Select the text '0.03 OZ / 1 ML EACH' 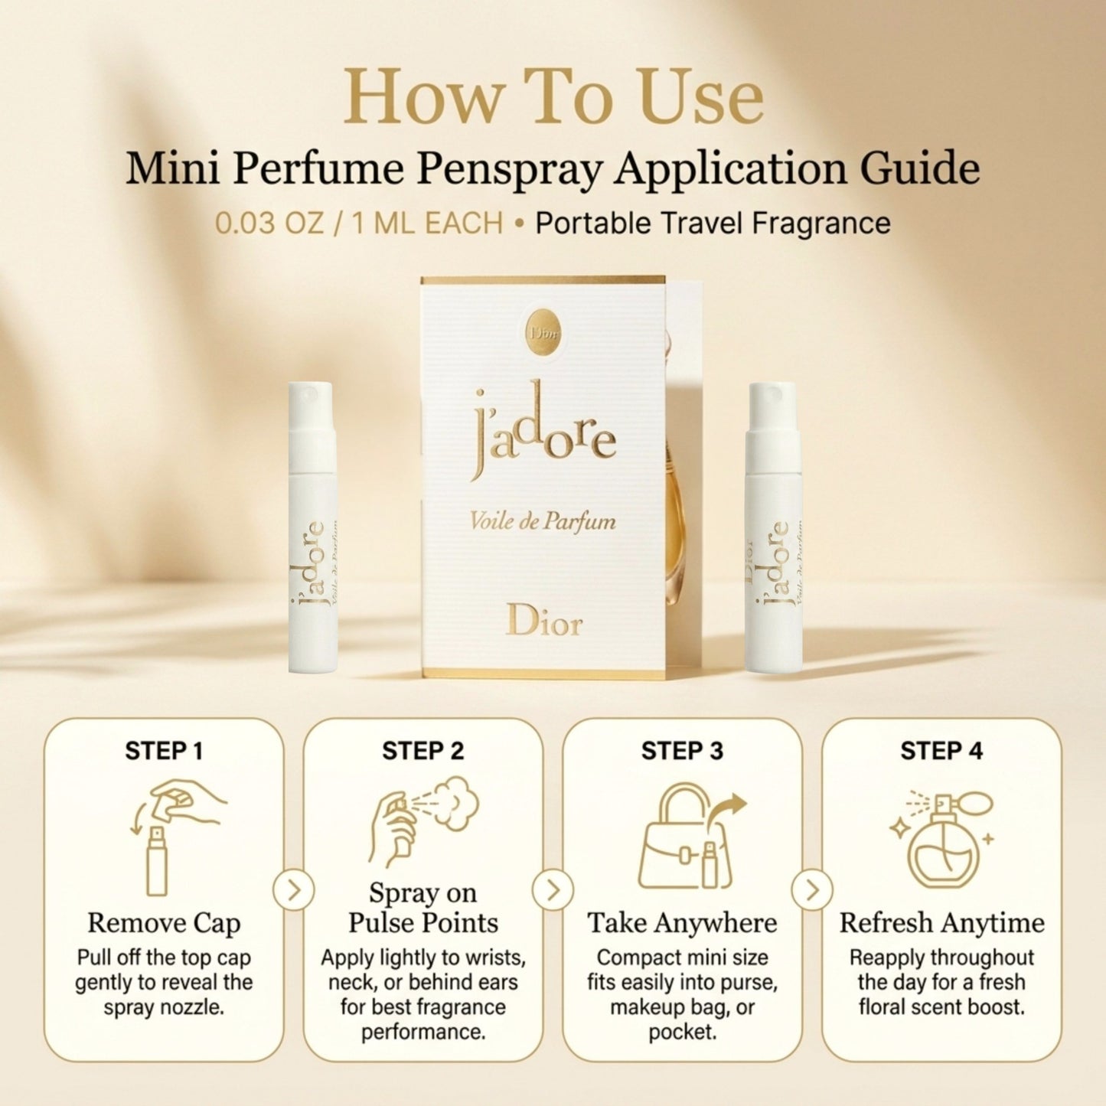click(x=359, y=223)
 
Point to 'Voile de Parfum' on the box click(x=543, y=521)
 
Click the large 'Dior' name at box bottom click(x=544, y=621)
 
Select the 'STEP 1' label click(x=164, y=752)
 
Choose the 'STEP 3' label click(x=683, y=752)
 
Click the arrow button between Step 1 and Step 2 click(x=294, y=891)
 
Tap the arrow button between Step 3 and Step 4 click(x=812, y=891)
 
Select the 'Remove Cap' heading click(x=164, y=924)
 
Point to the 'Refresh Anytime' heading click(x=942, y=924)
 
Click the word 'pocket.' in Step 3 click(x=683, y=1032)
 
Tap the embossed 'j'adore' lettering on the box click(x=543, y=429)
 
